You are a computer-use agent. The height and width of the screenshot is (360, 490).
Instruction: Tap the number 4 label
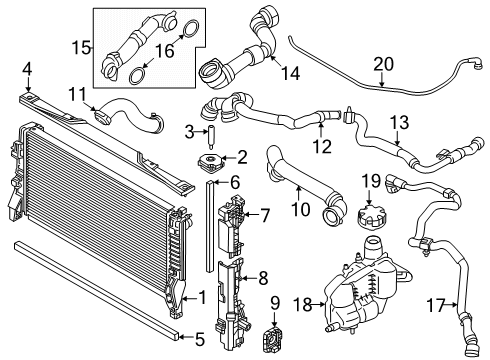point(27,69)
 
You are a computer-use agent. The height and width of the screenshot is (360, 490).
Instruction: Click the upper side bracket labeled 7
point(233,216)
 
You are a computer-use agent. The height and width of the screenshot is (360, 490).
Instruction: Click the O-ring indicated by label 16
point(137,71)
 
